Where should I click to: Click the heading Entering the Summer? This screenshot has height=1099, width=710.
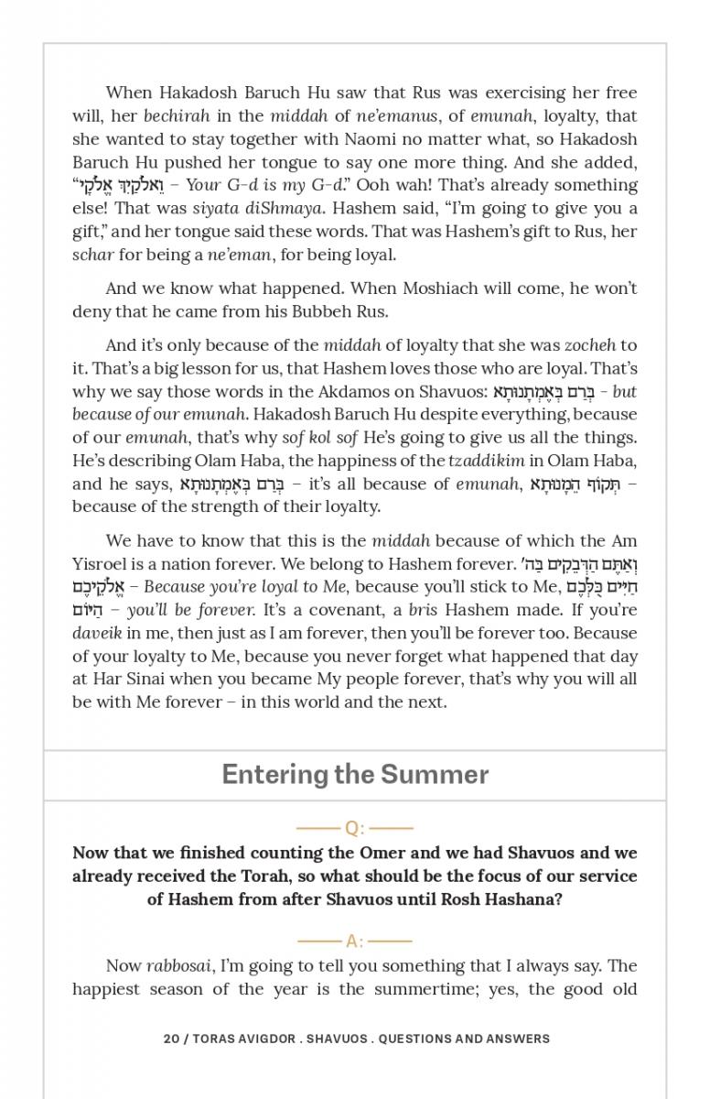coord(355,775)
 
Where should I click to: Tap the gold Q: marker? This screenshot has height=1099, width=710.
coord(354,828)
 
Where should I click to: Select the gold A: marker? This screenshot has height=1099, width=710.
coord(354,941)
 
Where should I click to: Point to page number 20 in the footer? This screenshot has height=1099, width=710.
coord(171,1039)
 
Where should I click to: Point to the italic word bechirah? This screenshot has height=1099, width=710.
coord(177,116)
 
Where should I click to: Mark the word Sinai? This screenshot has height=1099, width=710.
coord(148,679)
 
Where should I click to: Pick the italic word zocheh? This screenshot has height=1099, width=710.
coord(589,345)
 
